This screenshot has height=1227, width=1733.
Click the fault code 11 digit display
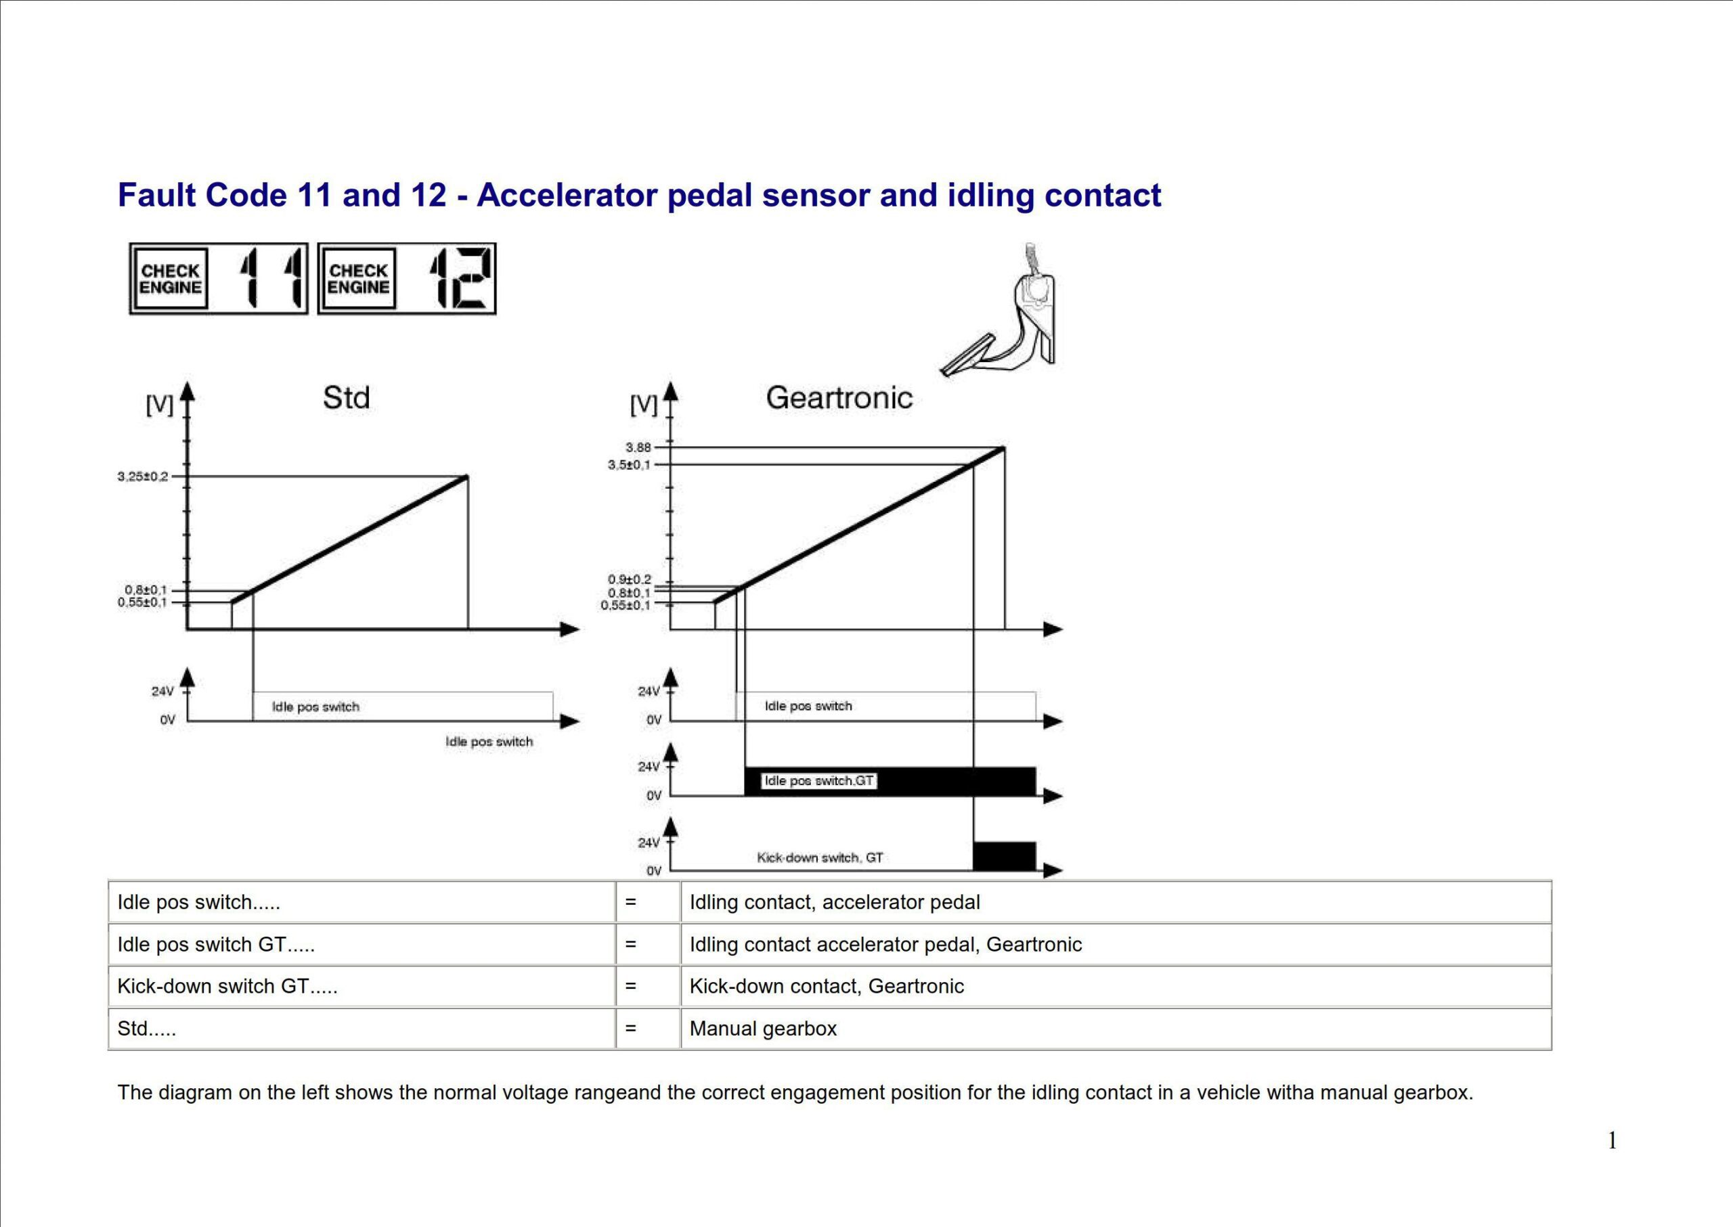click(x=273, y=279)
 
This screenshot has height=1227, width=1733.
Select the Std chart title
click(x=346, y=397)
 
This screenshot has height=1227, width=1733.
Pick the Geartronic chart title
click(x=839, y=397)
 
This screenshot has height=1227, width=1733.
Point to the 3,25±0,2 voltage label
click(x=143, y=476)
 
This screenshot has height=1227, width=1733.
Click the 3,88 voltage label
click(x=638, y=447)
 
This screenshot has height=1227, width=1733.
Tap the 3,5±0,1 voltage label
click(x=629, y=465)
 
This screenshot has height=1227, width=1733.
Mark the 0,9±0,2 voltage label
click(x=629, y=579)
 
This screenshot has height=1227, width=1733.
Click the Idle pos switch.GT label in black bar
click(x=818, y=780)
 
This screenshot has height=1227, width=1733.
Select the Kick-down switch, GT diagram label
click(x=819, y=857)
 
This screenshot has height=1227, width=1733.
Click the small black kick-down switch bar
click(x=1004, y=856)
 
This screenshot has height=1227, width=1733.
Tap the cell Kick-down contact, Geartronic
click(x=826, y=986)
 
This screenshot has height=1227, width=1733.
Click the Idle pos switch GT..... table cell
click(x=216, y=944)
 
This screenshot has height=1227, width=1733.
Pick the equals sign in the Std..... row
click(x=630, y=1028)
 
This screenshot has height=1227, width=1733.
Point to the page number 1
click(x=1612, y=1140)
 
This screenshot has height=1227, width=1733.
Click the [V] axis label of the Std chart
click(x=160, y=405)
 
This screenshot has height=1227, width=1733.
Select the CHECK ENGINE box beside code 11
click(x=170, y=279)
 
